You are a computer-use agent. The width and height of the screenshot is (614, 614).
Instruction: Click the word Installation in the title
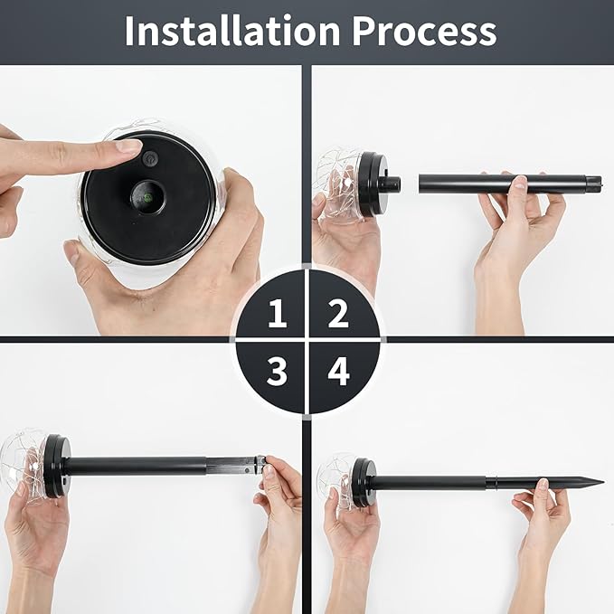click(232, 32)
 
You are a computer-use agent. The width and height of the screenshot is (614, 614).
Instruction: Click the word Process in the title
click(424, 32)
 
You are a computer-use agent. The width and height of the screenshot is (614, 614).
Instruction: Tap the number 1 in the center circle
click(278, 313)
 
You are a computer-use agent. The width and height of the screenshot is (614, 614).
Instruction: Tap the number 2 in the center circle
click(338, 313)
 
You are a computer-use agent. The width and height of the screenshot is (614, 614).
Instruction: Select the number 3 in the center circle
click(278, 371)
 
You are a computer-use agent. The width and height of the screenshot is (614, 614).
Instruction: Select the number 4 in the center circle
click(338, 371)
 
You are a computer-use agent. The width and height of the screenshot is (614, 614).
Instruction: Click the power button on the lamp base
click(150, 158)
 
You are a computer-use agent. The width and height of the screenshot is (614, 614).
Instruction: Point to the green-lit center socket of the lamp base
click(147, 197)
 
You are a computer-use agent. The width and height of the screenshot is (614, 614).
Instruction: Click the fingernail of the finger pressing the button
click(129, 146)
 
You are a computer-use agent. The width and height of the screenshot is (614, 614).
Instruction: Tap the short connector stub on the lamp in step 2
click(391, 184)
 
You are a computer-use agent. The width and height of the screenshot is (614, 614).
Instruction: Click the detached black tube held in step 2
click(510, 184)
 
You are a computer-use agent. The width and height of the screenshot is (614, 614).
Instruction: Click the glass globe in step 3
click(24, 462)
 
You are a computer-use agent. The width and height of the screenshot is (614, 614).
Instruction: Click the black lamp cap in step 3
click(57, 466)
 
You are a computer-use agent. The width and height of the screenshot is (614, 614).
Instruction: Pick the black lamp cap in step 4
click(364, 483)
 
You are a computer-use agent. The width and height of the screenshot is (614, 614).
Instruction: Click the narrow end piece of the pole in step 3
click(235, 465)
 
